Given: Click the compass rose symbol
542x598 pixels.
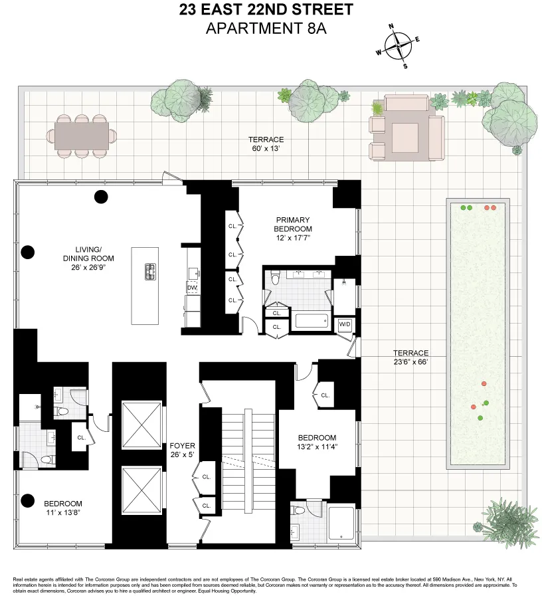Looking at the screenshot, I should click(398, 46).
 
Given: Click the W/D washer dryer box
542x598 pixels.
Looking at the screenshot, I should click(345, 324).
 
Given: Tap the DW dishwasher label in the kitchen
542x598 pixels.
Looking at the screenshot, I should click(192, 288).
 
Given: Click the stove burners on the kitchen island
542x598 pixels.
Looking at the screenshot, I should click(150, 270).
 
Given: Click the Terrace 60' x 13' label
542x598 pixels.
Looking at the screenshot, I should click(266, 144).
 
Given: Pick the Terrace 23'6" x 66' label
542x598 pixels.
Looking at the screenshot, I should click(410, 357).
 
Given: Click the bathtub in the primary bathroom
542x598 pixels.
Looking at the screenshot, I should click(312, 322).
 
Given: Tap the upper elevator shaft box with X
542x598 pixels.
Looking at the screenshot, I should click(141, 425).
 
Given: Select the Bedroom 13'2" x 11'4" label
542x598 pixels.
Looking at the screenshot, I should click(317, 441).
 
